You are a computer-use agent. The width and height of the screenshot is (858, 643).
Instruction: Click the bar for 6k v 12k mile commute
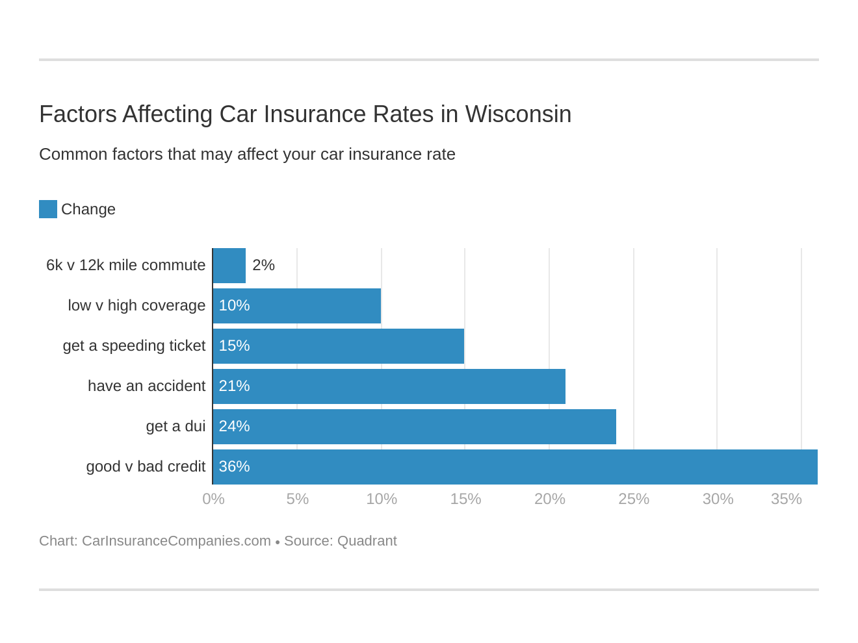(x=229, y=266)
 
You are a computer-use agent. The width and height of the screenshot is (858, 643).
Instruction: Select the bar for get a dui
(x=415, y=427)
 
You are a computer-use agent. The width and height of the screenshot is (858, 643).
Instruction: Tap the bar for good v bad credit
(x=515, y=467)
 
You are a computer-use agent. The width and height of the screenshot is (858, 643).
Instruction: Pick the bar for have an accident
(x=389, y=386)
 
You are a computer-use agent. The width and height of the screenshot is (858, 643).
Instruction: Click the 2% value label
(x=263, y=266)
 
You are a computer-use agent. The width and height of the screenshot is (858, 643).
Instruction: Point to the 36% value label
(x=234, y=467)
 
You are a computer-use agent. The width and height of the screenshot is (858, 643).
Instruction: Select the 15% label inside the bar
(x=234, y=346)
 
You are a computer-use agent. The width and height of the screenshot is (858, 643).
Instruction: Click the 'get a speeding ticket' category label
(x=134, y=346)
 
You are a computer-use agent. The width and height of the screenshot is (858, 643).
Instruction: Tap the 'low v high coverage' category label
(x=136, y=306)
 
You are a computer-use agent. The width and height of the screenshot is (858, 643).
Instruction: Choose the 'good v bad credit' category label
(x=146, y=467)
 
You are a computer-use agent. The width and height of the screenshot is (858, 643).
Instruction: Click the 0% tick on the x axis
(x=213, y=499)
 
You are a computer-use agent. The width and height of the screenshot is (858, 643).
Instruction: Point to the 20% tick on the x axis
(x=549, y=499)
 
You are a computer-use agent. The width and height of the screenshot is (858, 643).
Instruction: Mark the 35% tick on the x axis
(x=786, y=499)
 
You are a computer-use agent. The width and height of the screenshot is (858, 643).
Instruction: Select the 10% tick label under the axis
(x=382, y=499)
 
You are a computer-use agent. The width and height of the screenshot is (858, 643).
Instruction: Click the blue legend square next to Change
(x=48, y=209)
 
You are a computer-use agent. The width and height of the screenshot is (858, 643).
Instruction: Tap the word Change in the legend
(x=88, y=209)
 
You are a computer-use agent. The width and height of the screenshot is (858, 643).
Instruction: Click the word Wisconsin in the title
(x=518, y=114)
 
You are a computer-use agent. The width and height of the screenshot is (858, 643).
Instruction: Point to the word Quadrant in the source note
(x=367, y=541)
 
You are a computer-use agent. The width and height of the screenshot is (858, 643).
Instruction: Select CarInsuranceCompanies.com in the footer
(x=176, y=541)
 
